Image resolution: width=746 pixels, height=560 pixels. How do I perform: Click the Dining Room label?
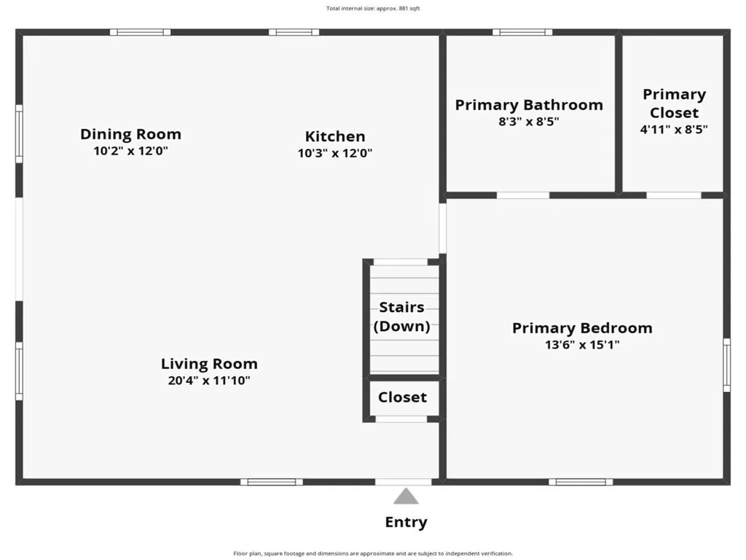(130, 134)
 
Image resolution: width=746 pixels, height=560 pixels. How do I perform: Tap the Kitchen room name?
(335, 136)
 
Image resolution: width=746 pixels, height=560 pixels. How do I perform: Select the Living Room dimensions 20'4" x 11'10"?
(209, 380)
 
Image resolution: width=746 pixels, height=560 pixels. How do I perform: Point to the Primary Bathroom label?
(529, 105)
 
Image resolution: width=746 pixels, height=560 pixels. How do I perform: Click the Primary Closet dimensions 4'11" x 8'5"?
(674, 129)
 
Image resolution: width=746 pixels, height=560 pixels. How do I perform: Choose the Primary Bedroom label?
(582, 328)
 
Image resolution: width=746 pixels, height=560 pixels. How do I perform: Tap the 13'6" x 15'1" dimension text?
(582, 345)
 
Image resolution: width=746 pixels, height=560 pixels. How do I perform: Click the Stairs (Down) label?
(401, 317)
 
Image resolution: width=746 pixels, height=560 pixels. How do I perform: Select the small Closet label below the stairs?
(402, 397)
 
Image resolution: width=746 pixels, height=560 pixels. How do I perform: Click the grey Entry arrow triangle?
(406, 497)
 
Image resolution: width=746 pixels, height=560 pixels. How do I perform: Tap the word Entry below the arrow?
(406, 522)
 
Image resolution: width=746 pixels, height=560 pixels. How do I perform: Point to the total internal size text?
(373, 9)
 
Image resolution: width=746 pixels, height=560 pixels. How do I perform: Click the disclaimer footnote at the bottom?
(373, 553)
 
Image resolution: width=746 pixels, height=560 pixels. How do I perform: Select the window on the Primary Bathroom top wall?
(522, 32)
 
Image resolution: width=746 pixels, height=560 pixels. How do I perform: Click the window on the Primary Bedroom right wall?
(726, 365)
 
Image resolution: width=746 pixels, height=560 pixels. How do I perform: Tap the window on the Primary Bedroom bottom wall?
(581, 481)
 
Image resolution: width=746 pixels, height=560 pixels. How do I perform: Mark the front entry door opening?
(403, 481)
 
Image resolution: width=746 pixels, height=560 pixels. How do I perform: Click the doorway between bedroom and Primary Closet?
(674, 195)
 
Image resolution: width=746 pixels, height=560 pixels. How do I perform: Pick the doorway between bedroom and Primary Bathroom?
(523, 195)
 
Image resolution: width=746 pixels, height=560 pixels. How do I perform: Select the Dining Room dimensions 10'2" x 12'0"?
(130, 151)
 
